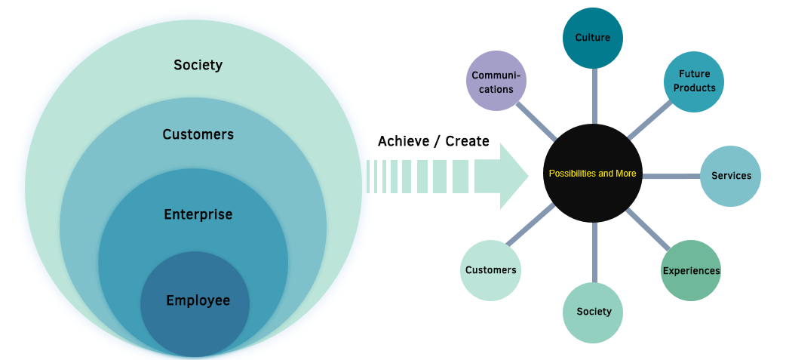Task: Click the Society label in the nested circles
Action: (x=198, y=65)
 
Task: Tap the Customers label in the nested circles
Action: (x=198, y=135)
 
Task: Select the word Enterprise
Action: (x=198, y=215)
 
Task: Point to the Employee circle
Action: (x=198, y=301)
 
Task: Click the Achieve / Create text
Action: (x=433, y=142)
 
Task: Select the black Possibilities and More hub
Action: (x=592, y=174)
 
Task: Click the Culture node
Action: (x=592, y=38)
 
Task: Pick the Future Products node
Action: (x=694, y=82)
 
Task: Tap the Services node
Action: (x=731, y=176)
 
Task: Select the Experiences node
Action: (x=691, y=270)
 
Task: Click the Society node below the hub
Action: (x=594, y=312)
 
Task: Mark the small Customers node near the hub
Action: (x=490, y=270)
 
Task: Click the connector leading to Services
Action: (x=671, y=177)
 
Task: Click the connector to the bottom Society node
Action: (x=594, y=252)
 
